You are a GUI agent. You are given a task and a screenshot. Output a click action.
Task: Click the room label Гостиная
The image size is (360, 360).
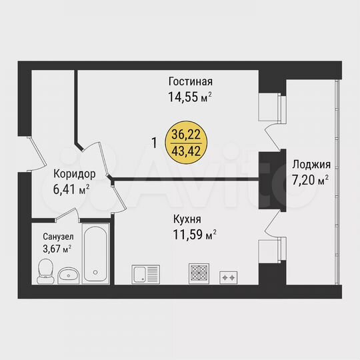[190, 82]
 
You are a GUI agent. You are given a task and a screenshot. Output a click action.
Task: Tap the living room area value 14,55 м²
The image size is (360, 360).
[190, 95]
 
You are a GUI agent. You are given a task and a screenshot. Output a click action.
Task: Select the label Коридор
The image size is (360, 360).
[75, 174]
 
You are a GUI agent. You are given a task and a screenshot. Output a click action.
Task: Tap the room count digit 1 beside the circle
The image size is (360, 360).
[155, 143]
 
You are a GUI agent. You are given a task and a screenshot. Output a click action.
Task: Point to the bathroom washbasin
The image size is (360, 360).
[68, 275]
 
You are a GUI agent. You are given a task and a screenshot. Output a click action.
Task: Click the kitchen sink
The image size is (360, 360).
[146, 274]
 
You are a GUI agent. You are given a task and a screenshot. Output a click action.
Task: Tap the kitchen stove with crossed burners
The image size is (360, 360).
[200, 273]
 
